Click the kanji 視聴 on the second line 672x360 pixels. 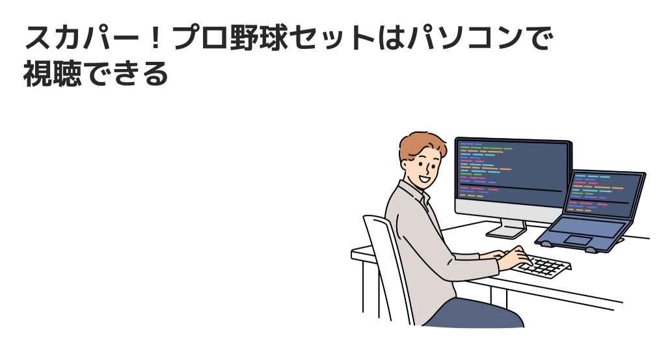(x=52, y=74)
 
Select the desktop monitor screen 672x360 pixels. (x=513, y=173)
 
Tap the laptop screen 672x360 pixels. (x=604, y=194)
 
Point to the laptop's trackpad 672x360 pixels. (x=578, y=240)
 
